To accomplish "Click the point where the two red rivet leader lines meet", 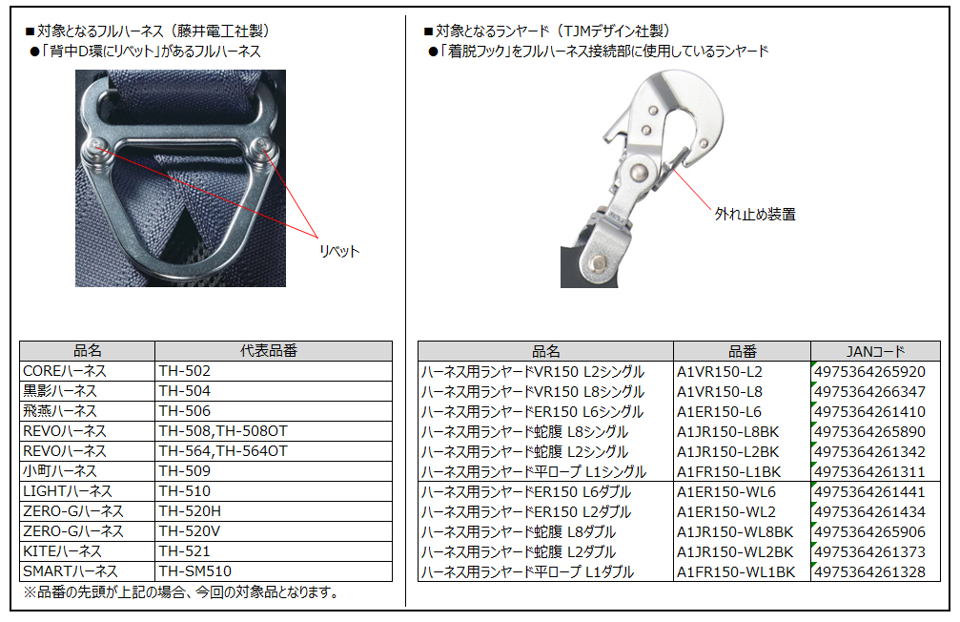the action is pos(318,238).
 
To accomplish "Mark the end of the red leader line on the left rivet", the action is pos(98,147).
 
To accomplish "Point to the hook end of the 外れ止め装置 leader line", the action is pos(673,169).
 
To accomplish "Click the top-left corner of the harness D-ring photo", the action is pos(75,70).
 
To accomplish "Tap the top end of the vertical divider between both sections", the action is pos(405,16).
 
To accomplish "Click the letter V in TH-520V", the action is pos(215,531).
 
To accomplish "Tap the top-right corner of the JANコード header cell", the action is pos(940,342).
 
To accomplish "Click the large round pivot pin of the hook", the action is pos(638,174).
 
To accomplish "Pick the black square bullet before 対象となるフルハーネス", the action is pos(30,31).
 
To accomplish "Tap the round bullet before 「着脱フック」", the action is pos(433,52).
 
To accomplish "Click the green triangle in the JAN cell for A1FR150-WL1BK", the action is pos(814,565).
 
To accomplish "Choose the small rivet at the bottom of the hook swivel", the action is pos(598,263).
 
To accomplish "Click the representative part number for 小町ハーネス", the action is pos(184,471).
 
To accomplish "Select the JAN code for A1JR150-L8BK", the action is pos(870,432).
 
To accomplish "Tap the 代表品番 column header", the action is pos(269,351).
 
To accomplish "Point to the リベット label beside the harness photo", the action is pos(339,251).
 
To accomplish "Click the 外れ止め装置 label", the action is pos(755,215).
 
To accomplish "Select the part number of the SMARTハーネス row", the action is pos(194,571).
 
